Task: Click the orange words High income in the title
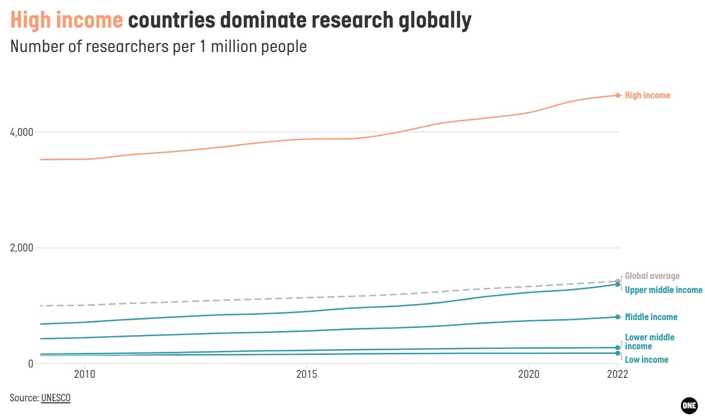67,20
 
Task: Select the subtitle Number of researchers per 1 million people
158,46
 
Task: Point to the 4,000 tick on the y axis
21,132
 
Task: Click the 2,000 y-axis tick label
21,248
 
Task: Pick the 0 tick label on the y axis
30,363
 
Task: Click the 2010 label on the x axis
84,375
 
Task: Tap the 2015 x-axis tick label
306,375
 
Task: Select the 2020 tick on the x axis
529,375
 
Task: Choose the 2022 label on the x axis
617,375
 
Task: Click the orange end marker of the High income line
617,95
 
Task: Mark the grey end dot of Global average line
617,281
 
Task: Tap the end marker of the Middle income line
617,317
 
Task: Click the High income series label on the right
647,95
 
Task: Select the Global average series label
652,276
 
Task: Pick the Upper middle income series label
663,290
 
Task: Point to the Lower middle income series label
649,341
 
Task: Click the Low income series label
646,360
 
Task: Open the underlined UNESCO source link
55,398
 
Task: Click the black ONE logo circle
689,405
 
